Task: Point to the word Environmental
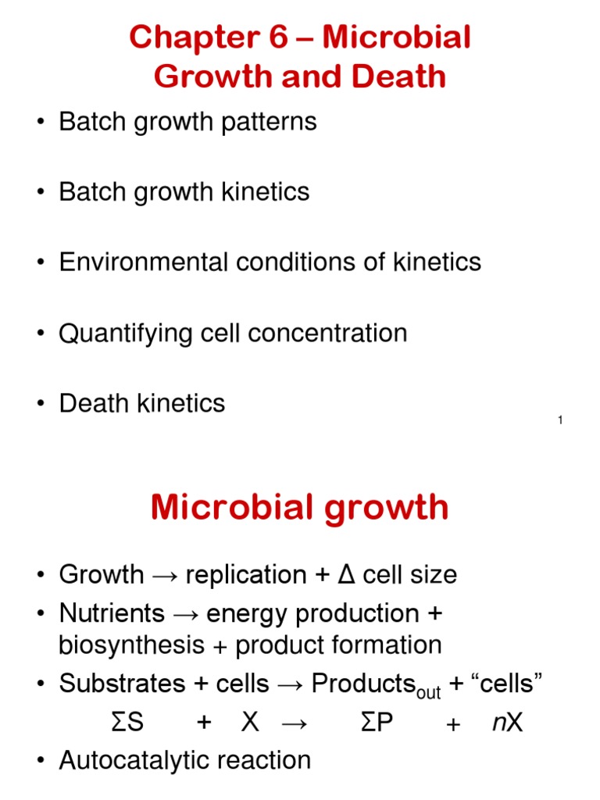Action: coord(141,262)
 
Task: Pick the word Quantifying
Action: coord(125,333)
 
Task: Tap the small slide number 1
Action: coord(560,422)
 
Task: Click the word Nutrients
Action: coord(112,614)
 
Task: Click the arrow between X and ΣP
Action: coord(294,723)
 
